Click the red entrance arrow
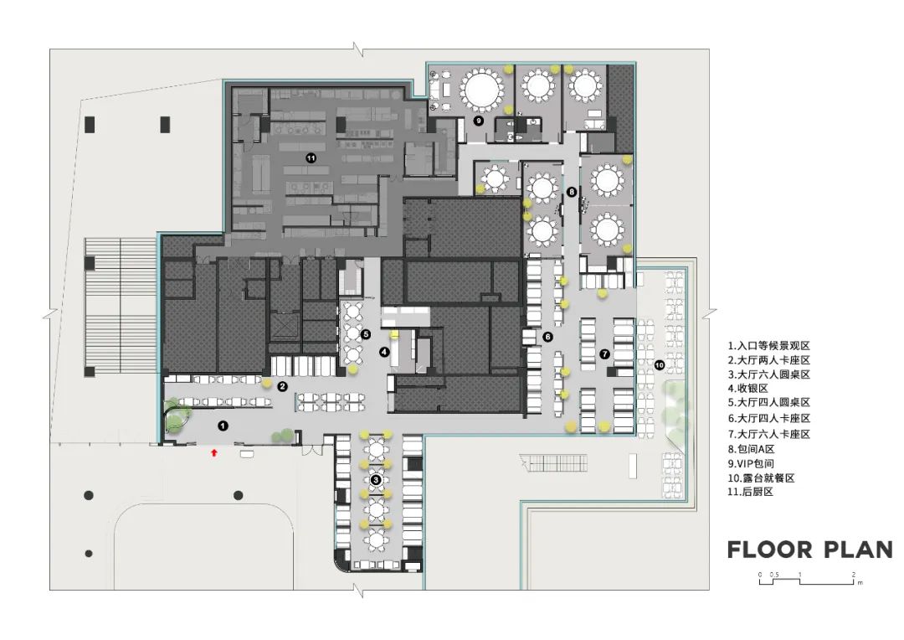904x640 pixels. tap(214, 453)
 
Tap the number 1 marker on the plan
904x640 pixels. tap(223, 426)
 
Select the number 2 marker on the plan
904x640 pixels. tap(283, 387)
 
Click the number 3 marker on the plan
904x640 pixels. tap(376, 479)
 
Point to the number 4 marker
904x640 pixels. tap(384, 352)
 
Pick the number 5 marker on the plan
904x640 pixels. tap(366, 333)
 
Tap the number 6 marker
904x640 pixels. tap(547, 337)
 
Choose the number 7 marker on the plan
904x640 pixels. tap(604, 354)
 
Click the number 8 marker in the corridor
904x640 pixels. tap(572, 192)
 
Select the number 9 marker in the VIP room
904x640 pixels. tap(478, 121)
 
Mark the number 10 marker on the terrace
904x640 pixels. tap(660, 365)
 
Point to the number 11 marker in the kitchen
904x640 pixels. tap(311, 157)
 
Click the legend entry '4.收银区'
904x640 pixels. tap(747, 389)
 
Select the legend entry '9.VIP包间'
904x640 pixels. tap(751, 463)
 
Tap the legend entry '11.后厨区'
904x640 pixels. tap(750, 492)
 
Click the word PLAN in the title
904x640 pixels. tap(859, 550)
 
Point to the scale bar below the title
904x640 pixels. tap(808, 580)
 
